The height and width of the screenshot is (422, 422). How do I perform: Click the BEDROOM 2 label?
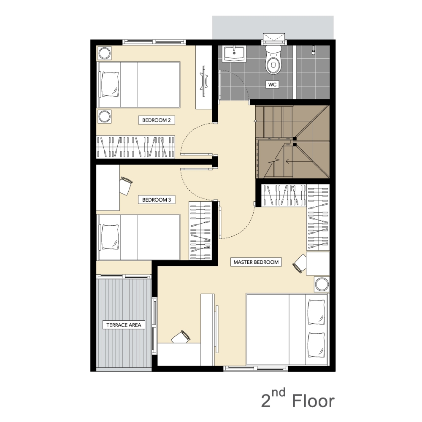157,120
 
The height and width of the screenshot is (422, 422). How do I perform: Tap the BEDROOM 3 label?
157,200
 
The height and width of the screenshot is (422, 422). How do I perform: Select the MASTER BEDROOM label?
256,262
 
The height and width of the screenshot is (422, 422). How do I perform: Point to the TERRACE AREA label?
124,325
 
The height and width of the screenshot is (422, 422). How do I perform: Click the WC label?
272,84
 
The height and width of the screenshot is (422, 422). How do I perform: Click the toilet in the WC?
273,60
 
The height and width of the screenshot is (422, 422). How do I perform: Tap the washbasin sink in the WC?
234,54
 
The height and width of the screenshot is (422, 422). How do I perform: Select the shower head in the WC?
314,50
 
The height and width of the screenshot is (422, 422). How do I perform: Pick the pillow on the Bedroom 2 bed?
110,84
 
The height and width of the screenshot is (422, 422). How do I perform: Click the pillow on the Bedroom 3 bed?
110,237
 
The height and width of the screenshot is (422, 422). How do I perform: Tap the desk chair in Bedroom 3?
125,186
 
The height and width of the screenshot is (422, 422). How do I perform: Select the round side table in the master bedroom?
322,284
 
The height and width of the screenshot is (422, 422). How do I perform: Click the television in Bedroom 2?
204,81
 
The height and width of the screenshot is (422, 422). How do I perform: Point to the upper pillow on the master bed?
316,312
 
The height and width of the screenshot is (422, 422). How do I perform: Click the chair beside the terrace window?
181,337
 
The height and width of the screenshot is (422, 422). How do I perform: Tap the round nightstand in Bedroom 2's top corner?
104,53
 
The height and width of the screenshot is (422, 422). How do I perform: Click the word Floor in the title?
313,401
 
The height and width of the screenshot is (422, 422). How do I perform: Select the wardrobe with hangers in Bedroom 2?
135,147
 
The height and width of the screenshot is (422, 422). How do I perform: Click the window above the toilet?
274,39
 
